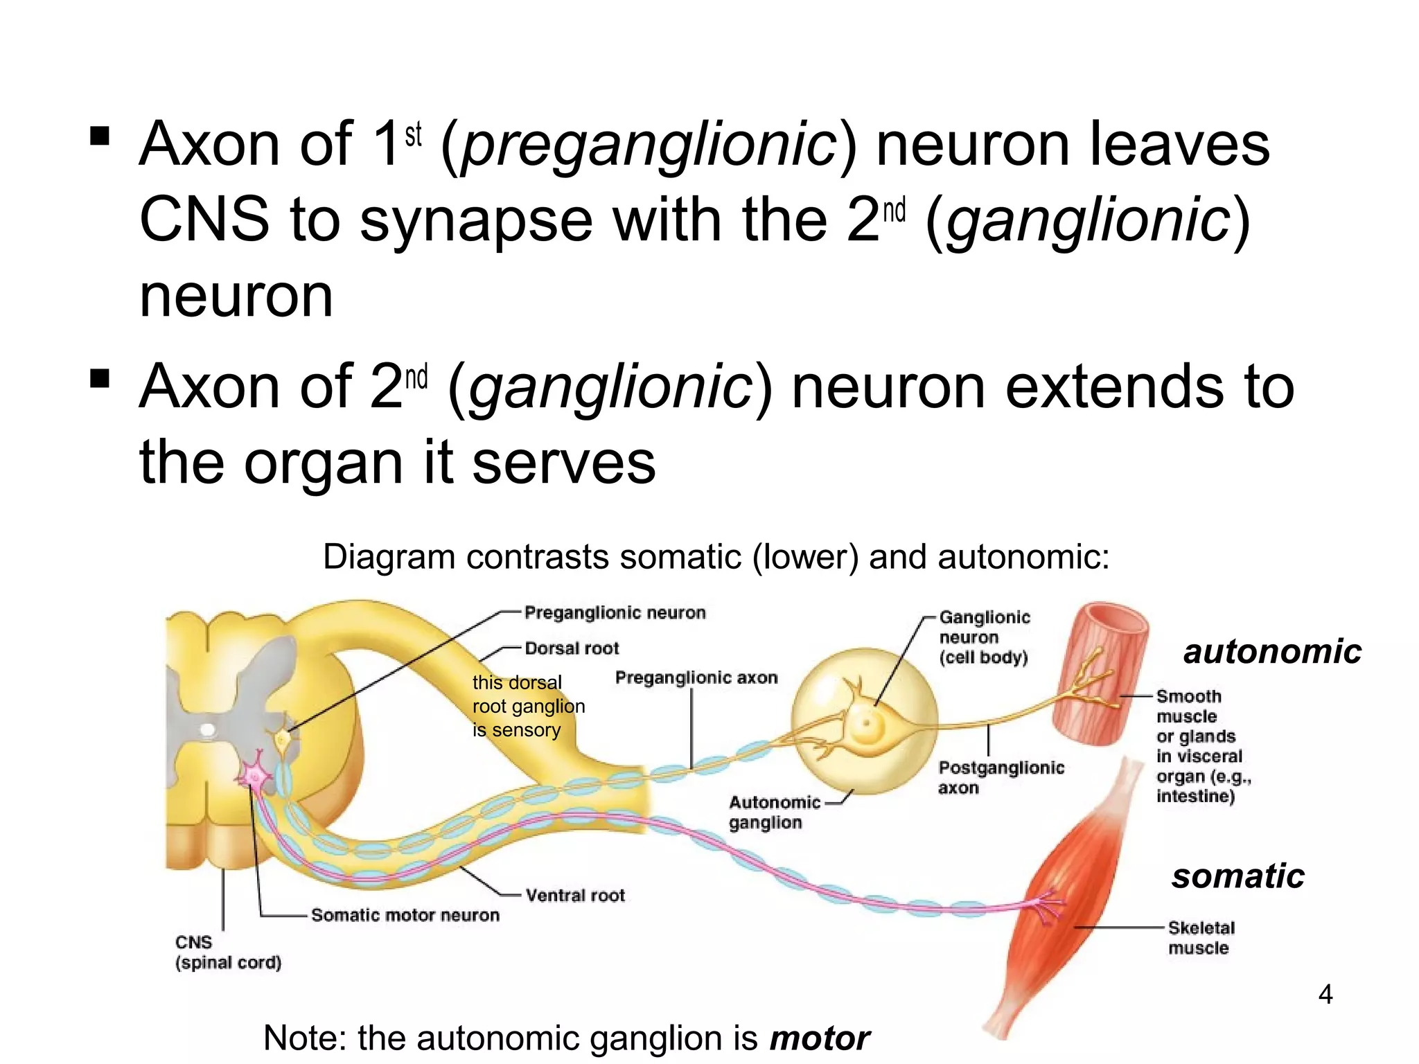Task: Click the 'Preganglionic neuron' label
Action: tap(615, 613)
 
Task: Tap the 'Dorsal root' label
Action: tap(572, 648)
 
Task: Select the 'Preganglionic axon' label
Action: tap(696, 677)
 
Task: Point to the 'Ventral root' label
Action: tap(575, 896)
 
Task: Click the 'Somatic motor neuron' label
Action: tap(405, 915)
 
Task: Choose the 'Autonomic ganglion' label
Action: tap(773, 813)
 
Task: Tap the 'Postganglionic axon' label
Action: tap(1001, 777)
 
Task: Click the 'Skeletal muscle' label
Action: tap(1201, 938)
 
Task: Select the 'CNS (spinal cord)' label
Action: tap(228, 952)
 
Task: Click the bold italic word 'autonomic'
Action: tap(1272, 652)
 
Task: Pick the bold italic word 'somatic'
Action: tap(1237, 876)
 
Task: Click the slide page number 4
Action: tap(1325, 995)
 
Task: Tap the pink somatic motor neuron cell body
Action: tap(255, 775)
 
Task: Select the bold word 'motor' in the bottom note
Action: tap(820, 1038)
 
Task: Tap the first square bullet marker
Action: tap(100, 135)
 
